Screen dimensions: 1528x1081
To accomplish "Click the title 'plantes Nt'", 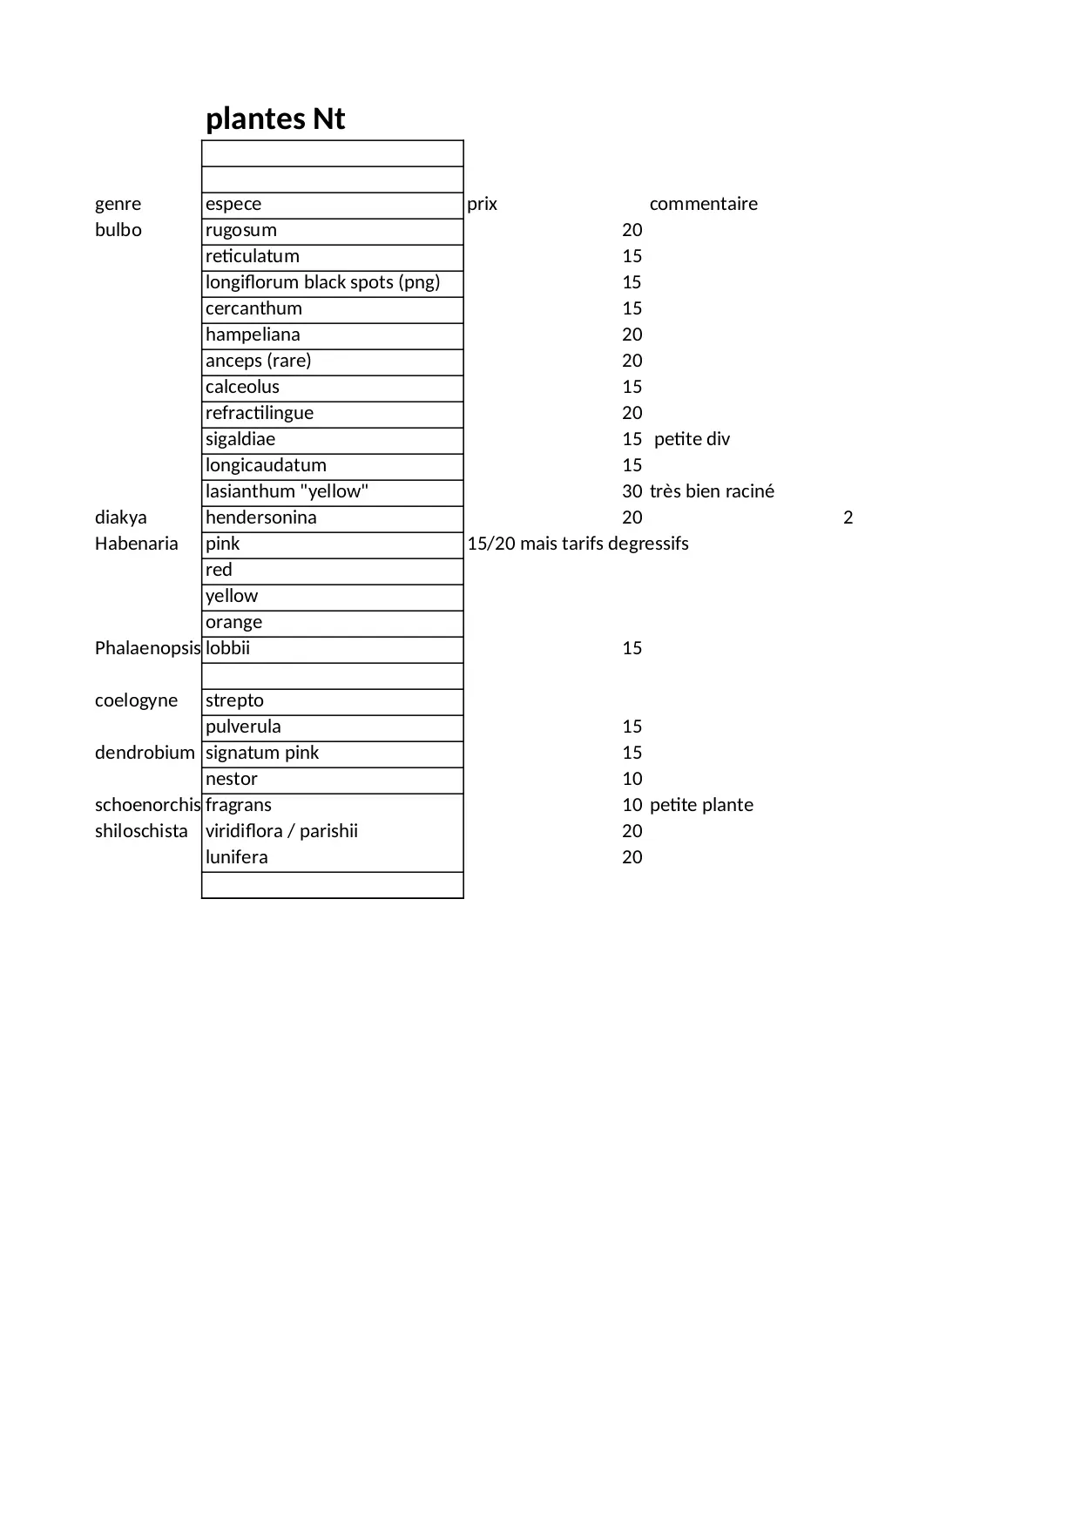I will point(275,118).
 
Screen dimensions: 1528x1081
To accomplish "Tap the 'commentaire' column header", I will point(703,204).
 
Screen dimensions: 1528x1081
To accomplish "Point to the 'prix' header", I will point(482,204).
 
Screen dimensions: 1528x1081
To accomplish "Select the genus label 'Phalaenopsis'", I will point(147,648).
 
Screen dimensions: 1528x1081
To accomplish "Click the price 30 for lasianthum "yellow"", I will point(632,491).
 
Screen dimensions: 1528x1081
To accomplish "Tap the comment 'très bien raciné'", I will point(712,491).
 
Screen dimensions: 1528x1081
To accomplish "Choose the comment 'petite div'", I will point(692,439).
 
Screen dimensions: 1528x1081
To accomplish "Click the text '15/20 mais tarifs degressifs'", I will point(578,544).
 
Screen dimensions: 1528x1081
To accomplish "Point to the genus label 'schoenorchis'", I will point(147,805).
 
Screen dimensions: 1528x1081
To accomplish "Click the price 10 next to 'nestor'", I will point(632,779).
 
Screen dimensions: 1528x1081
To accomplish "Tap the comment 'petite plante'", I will point(701,805).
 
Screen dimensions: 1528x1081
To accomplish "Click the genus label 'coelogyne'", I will point(136,700).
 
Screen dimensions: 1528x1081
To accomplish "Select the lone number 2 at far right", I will point(848,517).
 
